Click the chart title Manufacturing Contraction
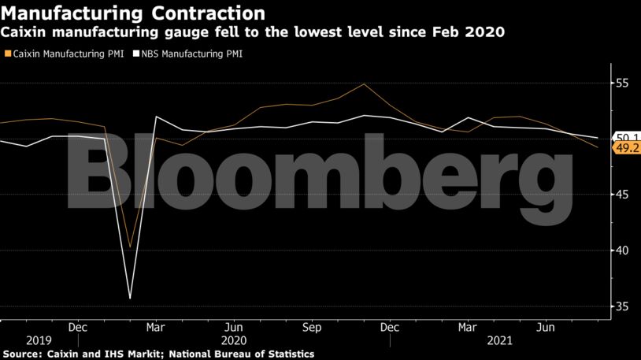tap(132, 13)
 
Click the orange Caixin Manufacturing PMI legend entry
tap(63, 54)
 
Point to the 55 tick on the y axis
tap(622, 83)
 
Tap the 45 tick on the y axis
tap(622, 195)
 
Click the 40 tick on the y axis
tap(622, 251)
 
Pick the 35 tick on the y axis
tap(622, 306)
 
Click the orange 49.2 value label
tap(628, 147)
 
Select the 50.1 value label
tap(628, 137)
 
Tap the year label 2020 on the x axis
tap(235, 341)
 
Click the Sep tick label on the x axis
tap(312, 325)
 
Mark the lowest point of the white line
tap(130, 298)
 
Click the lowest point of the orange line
tap(130, 247)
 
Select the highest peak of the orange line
tap(364, 84)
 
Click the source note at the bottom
tap(157, 354)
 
